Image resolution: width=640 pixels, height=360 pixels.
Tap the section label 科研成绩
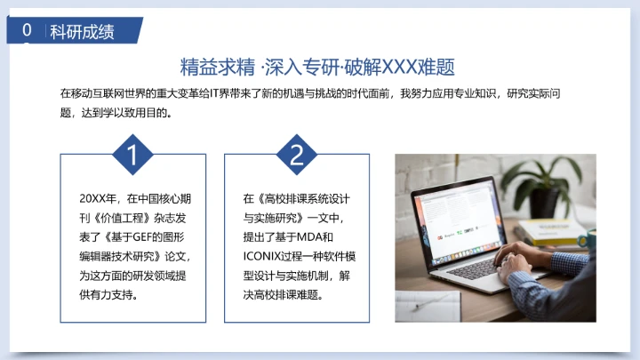pos(82,32)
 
